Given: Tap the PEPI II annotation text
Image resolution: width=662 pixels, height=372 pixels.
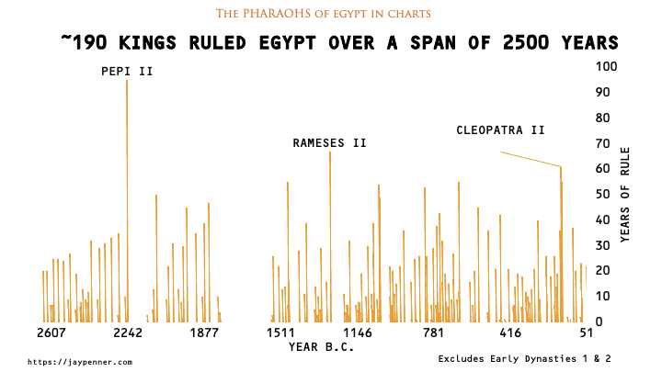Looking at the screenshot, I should pos(127,71).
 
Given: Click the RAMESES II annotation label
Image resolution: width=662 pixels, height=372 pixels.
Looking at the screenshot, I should pos(329,143).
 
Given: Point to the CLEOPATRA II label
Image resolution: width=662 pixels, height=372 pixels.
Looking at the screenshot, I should pos(500,130).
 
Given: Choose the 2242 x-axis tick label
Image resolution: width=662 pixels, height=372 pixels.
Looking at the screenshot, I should pos(128,333).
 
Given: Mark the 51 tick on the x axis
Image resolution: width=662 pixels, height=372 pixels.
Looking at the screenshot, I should pos(586,333).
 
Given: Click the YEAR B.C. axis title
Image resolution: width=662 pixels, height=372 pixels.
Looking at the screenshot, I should pos(321,347).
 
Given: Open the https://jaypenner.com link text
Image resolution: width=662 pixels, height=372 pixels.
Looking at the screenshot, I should pos(80,363).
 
